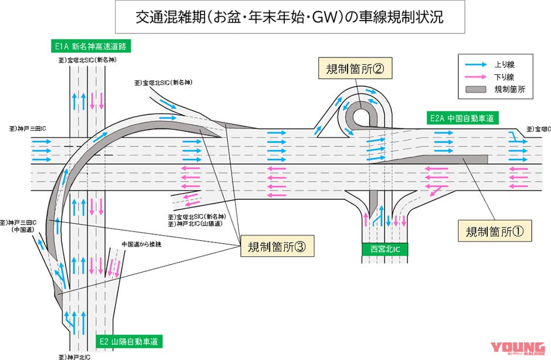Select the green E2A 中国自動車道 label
click(x=463, y=118)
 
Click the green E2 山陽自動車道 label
click(x=129, y=341)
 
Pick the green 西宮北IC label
click(x=385, y=249)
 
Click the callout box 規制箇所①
click(x=494, y=231)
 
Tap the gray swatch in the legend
click(x=477, y=90)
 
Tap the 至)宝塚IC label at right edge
click(x=538, y=128)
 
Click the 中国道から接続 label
click(x=141, y=243)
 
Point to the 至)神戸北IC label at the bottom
click(x=74, y=355)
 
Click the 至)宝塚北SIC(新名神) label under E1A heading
click(x=87, y=59)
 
